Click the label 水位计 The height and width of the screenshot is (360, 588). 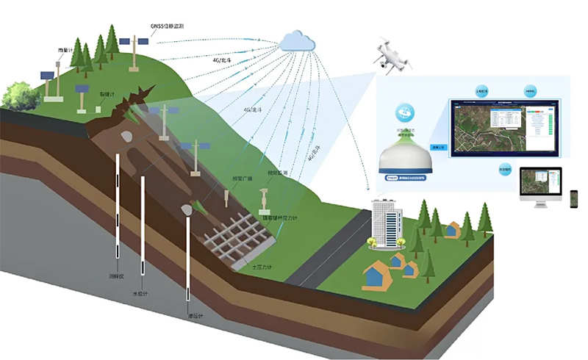(x=140, y=293)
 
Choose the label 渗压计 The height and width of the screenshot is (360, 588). (x=195, y=317)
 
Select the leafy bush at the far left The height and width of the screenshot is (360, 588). (x=18, y=94)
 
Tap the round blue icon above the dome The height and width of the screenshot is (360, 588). (x=404, y=112)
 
